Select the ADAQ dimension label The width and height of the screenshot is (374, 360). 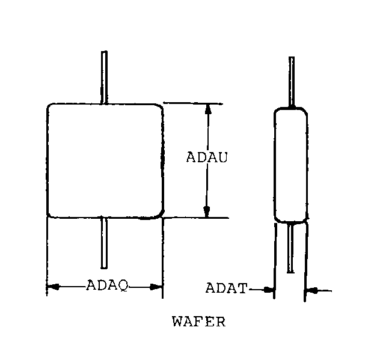pyautogui.click(x=107, y=285)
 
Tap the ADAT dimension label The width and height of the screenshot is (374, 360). pyautogui.click(x=226, y=288)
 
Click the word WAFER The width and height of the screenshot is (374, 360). pyautogui.click(x=198, y=321)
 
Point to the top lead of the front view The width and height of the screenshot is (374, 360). pyautogui.click(x=105, y=77)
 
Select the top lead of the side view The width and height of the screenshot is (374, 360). pyautogui.click(x=292, y=81)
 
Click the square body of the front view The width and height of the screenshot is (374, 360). pyautogui.click(x=105, y=160)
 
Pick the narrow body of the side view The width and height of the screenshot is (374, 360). pyautogui.click(x=291, y=166)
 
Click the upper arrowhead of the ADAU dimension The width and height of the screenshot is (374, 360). pyautogui.click(x=207, y=109)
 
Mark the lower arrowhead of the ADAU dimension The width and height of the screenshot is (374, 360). pyautogui.click(x=207, y=212)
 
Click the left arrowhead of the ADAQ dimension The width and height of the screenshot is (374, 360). pyautogui.click(x=53, y=287)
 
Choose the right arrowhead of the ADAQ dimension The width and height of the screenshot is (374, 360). pyautogui.click(x=157, y=287)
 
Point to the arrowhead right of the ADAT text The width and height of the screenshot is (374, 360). pyautogui.click(x=269, y=290)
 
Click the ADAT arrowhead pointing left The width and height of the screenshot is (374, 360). pyautogui.click(x=312, y=291)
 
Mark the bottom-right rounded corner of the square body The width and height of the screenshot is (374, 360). pyautogui.click(x=159, y=213)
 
